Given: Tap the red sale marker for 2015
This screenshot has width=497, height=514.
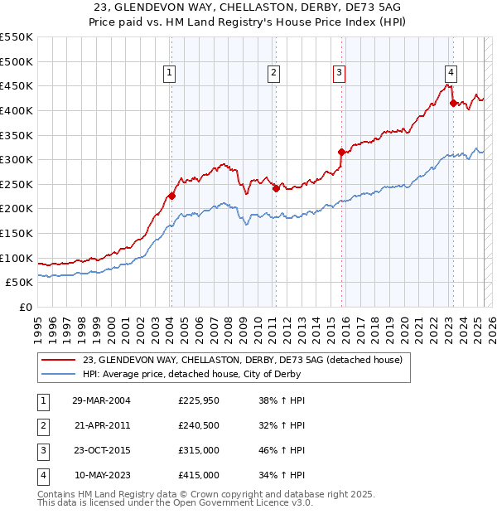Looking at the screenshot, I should [341, 152].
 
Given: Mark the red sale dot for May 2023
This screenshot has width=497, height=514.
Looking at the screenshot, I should [453, 103].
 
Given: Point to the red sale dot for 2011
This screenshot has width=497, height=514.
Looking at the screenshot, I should [276, 188].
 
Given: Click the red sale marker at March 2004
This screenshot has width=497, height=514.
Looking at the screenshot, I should [171, 196].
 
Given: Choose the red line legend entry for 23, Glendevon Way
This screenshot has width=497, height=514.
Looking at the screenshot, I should [242, 360].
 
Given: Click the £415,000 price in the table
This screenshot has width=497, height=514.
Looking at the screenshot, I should [198, 476].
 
